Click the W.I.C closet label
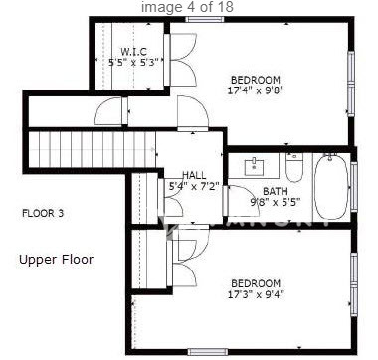pos(134,51)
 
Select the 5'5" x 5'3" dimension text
pos(134,63)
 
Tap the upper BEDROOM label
pos(256,80)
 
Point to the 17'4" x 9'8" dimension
pos(256,91)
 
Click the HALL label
pos(194,174)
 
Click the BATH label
pos(276,191)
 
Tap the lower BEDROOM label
pos(255,283)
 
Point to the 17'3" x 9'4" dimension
pos(255,295)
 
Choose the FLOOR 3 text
pos(43,213)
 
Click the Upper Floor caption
pos(56,260)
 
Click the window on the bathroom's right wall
pos(352,186)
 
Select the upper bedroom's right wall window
pos(351,80)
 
